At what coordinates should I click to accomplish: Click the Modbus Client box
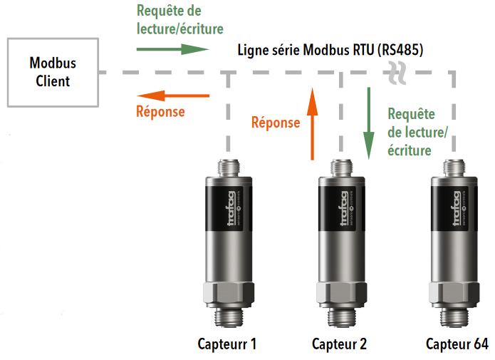click(x=53, y=73)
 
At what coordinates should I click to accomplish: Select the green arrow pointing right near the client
click(x=172, y=49)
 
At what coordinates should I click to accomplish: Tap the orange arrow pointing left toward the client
click(x=173, y=96)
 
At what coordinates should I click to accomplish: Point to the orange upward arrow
click(x=313, y=124)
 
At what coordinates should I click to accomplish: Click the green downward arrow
click(x=368, y=123)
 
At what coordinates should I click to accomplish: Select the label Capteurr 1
click(x=227, y=344)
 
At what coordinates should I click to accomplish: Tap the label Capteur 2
click(x=339, y=344)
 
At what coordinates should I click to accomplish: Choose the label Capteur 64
click(x=457, y=344)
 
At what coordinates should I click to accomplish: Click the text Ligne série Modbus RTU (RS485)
click(x=330, y=50)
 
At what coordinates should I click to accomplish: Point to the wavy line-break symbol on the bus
click(x=397, y=73)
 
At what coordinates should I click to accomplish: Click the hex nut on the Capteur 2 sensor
click(x=342, y=294)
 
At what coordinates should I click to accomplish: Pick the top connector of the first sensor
click(x=229, y=168)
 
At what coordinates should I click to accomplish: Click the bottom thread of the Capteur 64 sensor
click(x=454, y=317)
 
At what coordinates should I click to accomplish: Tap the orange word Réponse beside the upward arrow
click(x=276, y=123)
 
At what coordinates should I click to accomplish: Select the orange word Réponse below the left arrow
click(x=160, y=112)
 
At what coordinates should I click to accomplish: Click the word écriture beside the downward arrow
click(x=410, y=150)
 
